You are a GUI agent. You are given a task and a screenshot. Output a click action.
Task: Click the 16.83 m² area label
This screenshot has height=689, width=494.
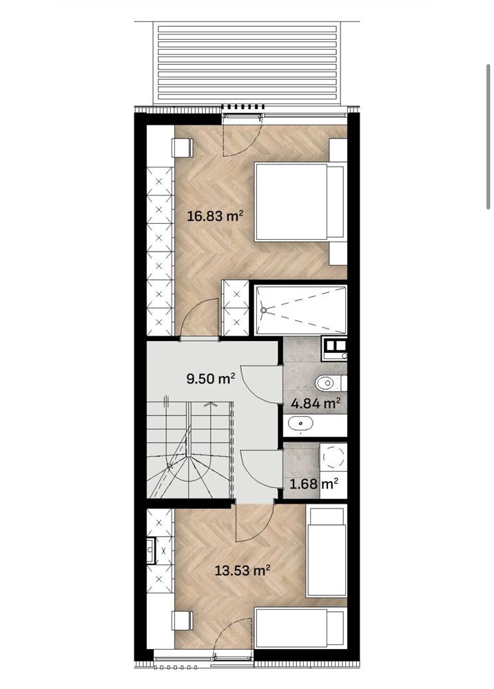point(215,216)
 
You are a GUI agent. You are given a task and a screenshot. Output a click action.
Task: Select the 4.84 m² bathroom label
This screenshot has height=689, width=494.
point(316,403)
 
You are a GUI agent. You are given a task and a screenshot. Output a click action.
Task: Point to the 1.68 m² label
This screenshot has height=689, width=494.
point(313,484)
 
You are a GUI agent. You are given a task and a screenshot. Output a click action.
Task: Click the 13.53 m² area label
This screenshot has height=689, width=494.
point(242,570)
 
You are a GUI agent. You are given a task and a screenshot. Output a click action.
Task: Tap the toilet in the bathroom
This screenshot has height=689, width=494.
point(331,383)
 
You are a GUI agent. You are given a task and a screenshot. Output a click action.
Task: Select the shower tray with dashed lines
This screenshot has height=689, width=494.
point(300,310)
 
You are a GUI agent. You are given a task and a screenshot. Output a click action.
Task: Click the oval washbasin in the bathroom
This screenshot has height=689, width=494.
point(300,424)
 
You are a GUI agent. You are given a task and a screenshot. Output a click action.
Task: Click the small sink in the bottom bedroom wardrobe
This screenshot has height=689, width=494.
point(150,550)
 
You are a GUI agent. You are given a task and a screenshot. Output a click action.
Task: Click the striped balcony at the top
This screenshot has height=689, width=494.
point(247,64)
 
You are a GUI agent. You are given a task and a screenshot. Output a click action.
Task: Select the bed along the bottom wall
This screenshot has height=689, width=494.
point(300,628)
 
